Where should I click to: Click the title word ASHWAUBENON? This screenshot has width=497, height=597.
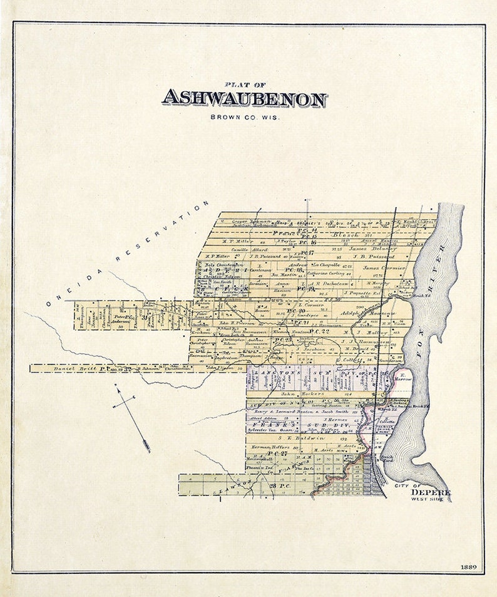tap(244, 99)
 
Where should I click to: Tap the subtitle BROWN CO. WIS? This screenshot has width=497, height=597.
tap(245, 117)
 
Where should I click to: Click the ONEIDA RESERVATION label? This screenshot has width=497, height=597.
tap(128, 253)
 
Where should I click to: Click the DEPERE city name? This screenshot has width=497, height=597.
tap(431, 492)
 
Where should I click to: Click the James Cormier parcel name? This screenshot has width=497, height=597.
tap(384, 267)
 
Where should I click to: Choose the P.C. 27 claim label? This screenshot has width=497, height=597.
tap(277, 453)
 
